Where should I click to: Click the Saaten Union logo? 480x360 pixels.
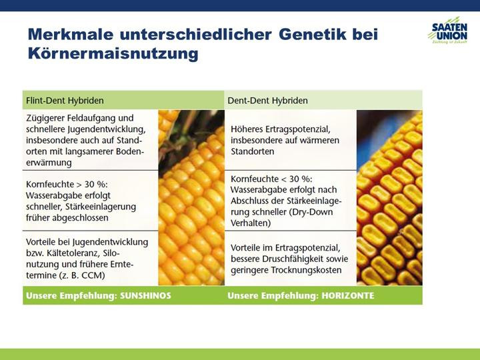tap(448, 31)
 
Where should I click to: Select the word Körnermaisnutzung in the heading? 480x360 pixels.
tap(113, 53)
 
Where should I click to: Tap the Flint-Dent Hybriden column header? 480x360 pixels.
tap(65, 101)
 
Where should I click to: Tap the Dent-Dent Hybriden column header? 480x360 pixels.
tap(267, 101)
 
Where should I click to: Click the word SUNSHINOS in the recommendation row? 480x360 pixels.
tap(145, 296)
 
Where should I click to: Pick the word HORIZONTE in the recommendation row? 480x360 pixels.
tap(348, 296)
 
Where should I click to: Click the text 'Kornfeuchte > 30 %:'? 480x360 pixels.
tap(67, 185)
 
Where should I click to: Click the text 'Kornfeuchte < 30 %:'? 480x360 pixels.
tap(271, 179)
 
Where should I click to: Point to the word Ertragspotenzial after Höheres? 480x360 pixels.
tap(299, 129)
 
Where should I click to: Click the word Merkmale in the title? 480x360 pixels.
tap(71, 34)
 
